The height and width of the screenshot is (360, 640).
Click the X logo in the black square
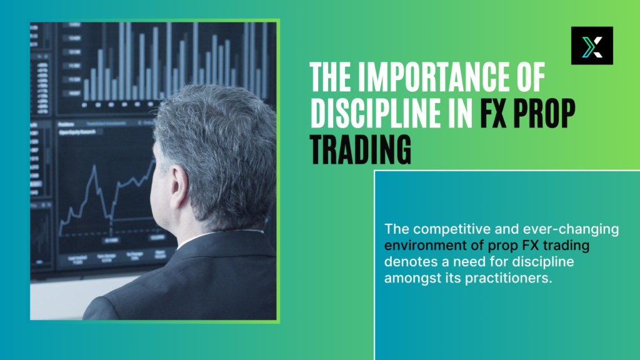tap(592, 46)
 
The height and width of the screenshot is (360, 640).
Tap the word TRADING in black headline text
tap(361, 149)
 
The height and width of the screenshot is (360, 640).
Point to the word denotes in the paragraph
tap(407, 262)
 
